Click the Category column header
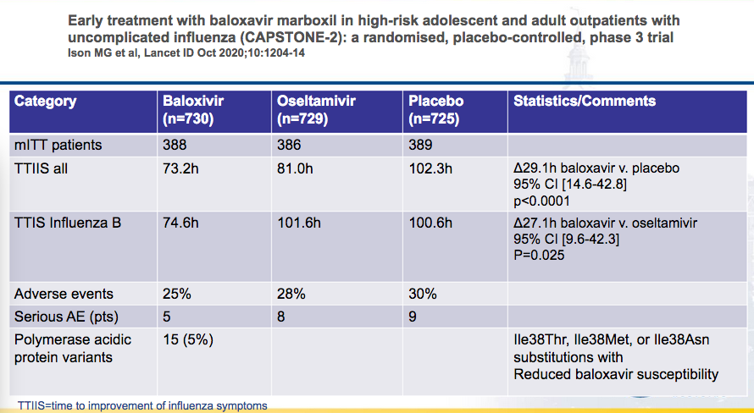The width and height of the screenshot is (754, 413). (x=45, y=102)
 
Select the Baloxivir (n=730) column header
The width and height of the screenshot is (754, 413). (x=193, y=110)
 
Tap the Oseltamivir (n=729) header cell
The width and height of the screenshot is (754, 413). (x=316, y=110)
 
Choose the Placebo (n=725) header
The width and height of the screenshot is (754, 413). (x=435, y=110)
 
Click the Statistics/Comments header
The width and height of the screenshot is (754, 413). (x=585, y=101)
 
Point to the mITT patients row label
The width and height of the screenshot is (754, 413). (x=58, y=145)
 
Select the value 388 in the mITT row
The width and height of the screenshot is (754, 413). (x=175, y=145)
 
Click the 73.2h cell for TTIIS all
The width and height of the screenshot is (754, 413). (x=180, y=169)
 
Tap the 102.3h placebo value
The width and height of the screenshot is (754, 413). (x=430, y=169)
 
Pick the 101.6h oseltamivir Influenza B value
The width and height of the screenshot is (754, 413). (x=299, y=223)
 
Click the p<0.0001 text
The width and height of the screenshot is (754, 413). (x=542, y=201)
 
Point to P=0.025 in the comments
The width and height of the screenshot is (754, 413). (x=539, y=255)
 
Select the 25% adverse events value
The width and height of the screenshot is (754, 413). (x=177, y=294)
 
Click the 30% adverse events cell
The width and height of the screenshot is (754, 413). (x=423, y=294)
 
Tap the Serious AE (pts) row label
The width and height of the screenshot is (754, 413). (x=66, y=317)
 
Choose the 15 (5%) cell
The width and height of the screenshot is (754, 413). (x=188, y=340)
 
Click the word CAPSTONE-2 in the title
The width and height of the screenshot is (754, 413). (x=293, y=37)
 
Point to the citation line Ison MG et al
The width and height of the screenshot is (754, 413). (x=186, y=52)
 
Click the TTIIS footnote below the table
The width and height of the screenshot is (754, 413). (x=142, y=405)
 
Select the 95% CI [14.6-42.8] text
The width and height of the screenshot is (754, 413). (x=570, y=184)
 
